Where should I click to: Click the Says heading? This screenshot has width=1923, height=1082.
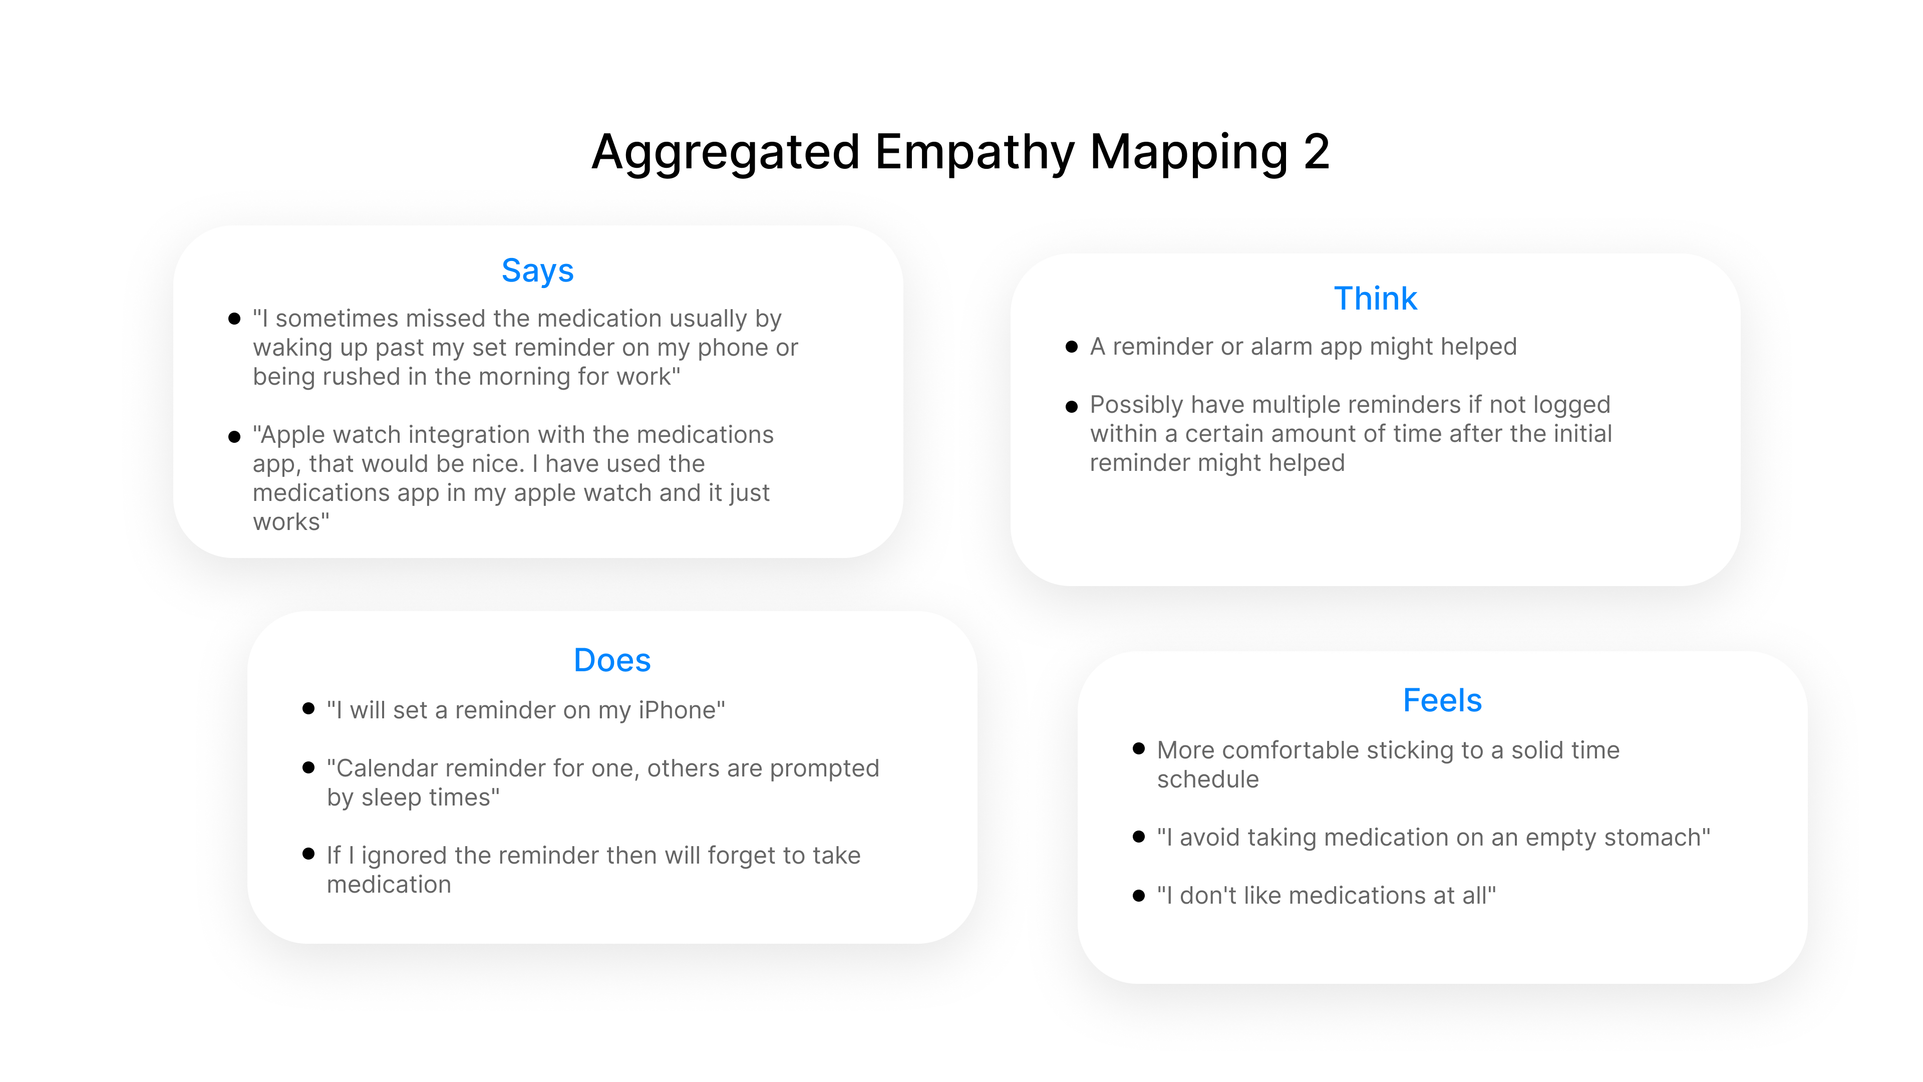[x=537, y=270]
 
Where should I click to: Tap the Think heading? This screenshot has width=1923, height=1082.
[x=1375, y=299]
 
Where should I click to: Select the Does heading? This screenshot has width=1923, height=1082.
[x=612, y=660]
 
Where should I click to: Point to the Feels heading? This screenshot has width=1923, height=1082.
[x=1442, y=700]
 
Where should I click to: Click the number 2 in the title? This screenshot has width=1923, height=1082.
[x=1316, y=152]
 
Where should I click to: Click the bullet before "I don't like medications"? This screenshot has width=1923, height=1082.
[x=1138, y=895]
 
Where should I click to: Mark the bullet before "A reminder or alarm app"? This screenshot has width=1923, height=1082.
[x=1071, y=347]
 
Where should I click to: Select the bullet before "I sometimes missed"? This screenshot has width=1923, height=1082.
[x=234, y=319]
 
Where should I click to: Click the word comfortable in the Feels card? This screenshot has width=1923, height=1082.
[x=1301, y=750]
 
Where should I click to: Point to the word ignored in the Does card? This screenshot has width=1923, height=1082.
[x=404, y=856]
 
